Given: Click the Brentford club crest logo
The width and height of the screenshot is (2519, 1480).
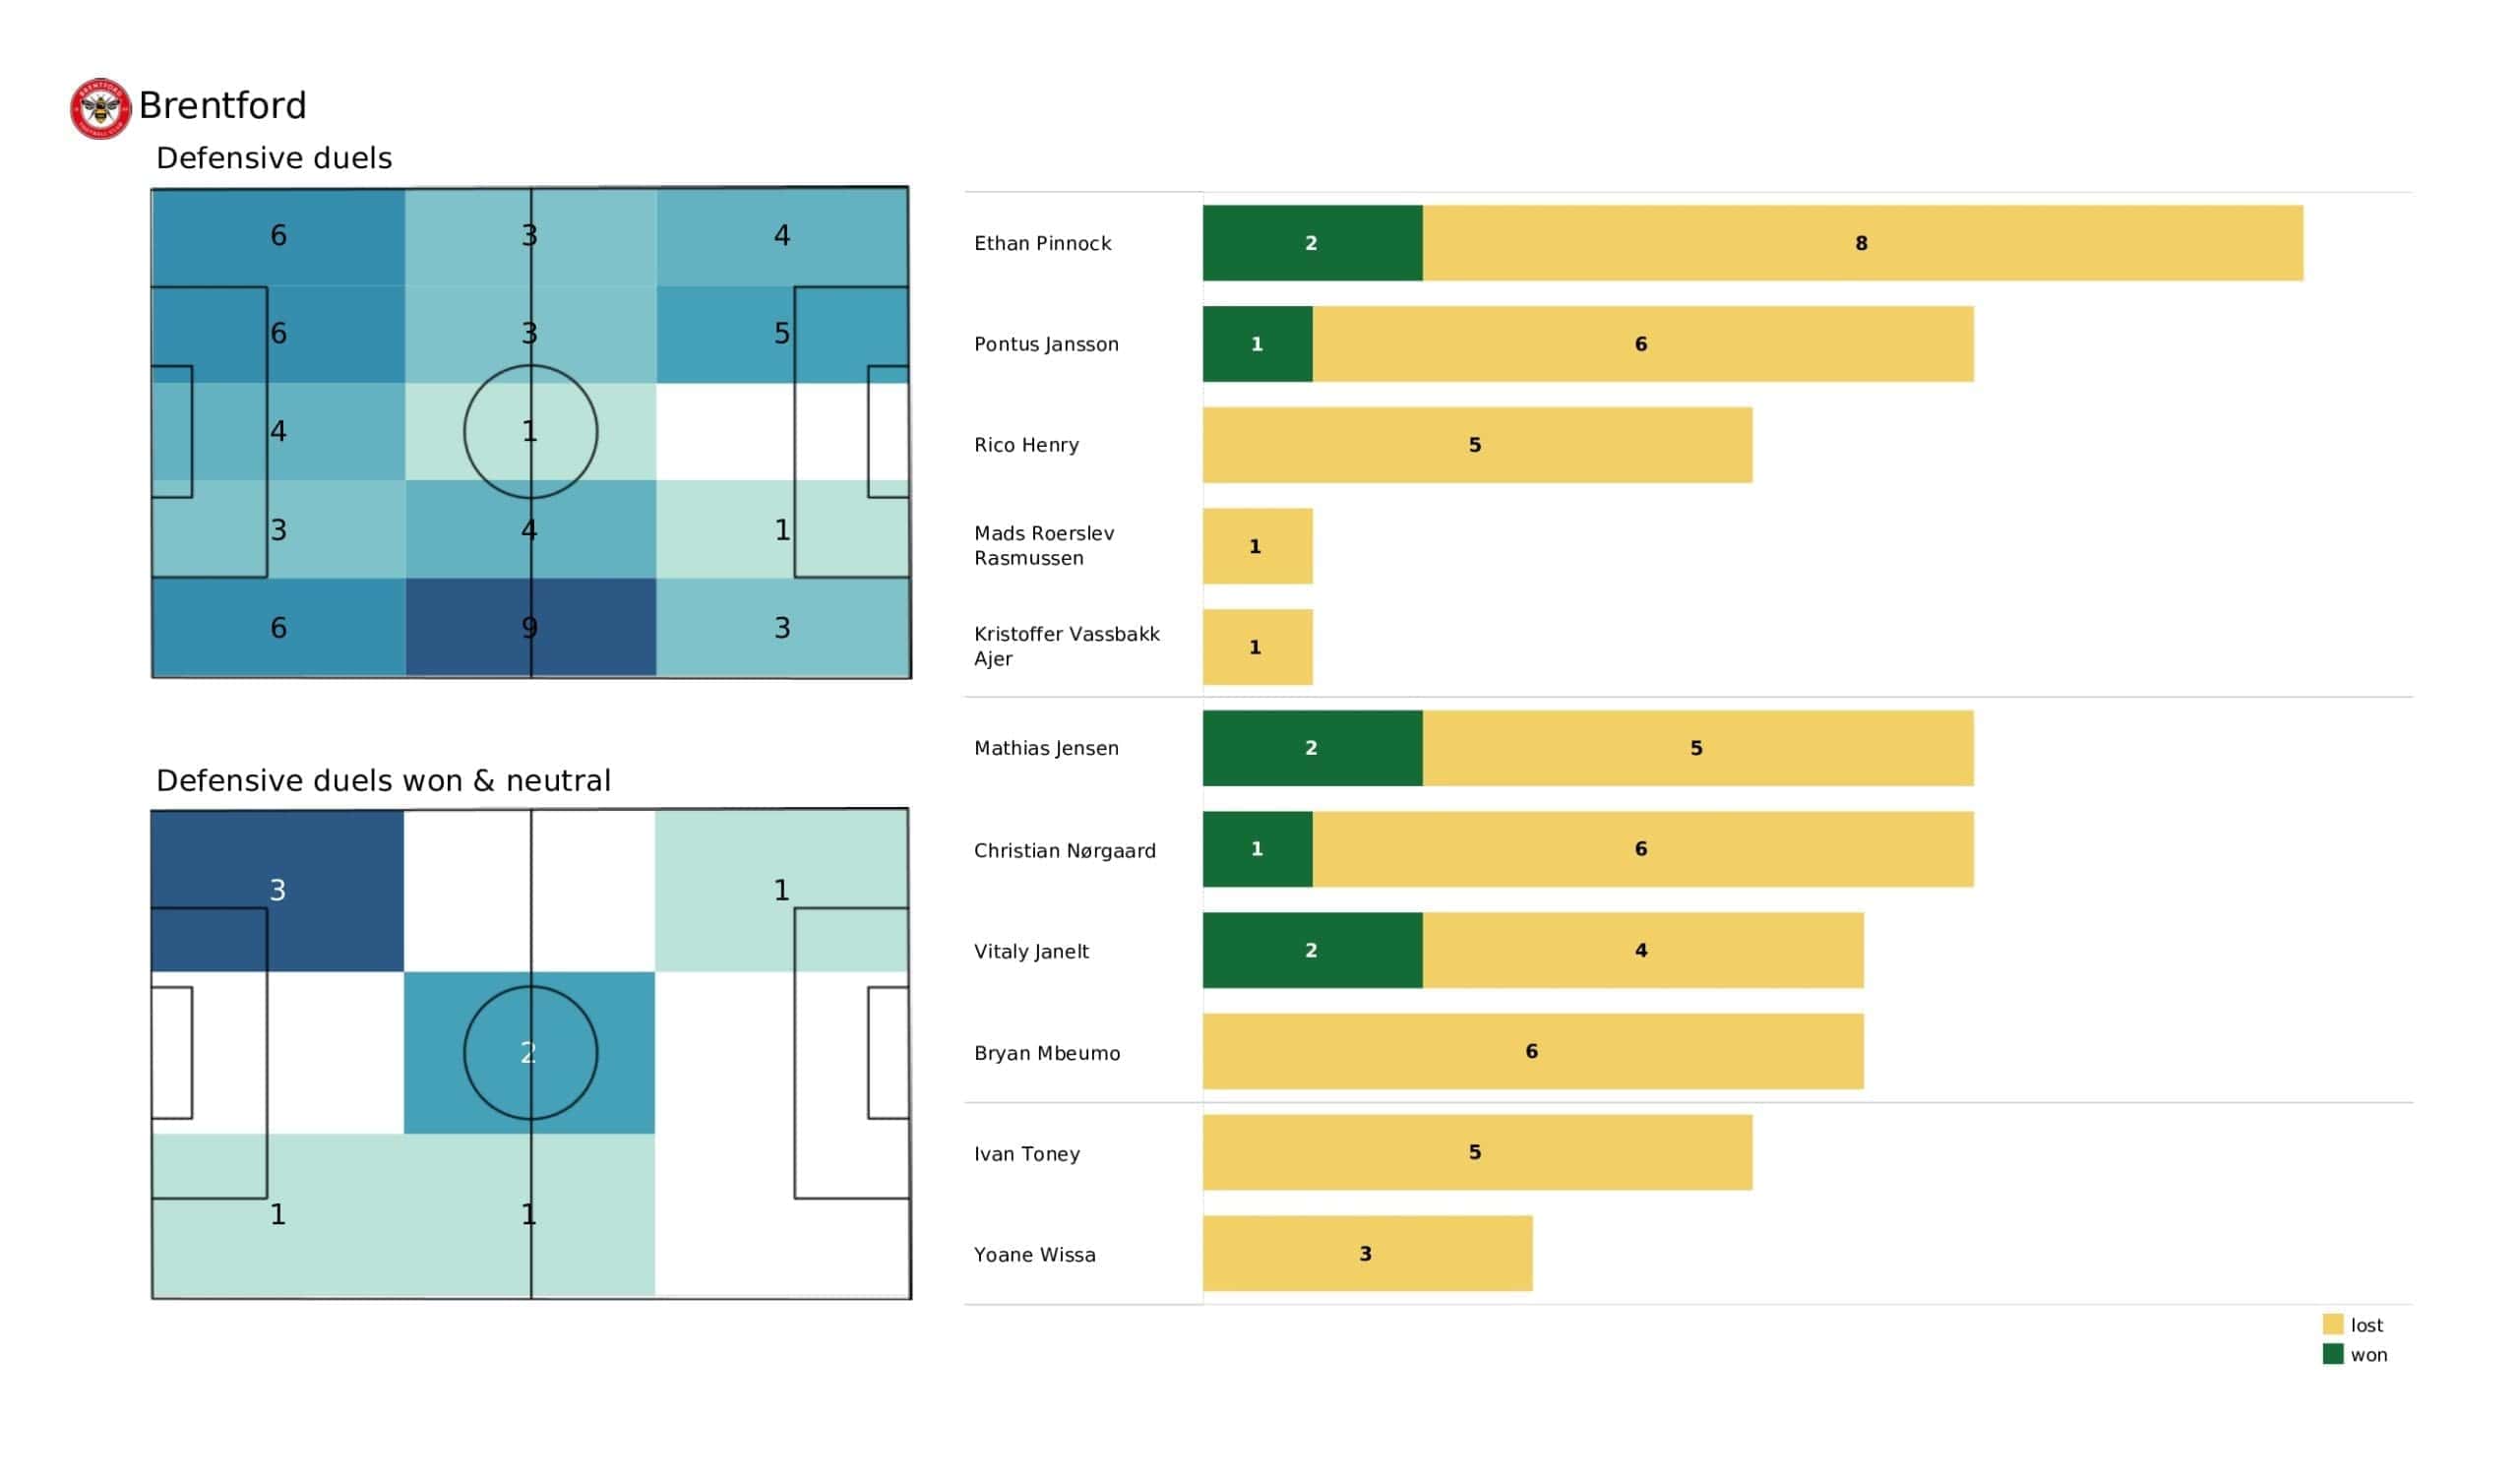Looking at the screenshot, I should (100, 108).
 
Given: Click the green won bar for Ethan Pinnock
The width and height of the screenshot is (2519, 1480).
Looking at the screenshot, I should (1312, 243).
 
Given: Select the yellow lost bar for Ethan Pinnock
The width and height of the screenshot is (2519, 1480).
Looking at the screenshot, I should (1863, 243).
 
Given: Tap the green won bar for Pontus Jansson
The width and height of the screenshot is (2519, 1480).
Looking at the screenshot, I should (1257, 344).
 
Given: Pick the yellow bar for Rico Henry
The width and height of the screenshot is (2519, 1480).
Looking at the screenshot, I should (1476, 445).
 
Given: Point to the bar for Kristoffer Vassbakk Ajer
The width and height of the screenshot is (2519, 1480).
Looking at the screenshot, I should (1257, 647).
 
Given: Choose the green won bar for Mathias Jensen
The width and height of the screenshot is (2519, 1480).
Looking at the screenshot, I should (1312, 748).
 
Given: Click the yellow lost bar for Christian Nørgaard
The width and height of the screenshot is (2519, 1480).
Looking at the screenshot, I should (1642, 849).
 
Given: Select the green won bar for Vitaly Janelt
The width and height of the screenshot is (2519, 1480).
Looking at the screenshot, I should (1312, 950).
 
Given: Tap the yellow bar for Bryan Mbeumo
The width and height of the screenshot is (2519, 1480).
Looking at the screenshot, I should (1532, 1051).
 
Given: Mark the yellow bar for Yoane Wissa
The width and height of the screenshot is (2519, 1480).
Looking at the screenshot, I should (1367, 1253).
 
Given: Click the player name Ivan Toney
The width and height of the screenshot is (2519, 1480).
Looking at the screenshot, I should (1026, 1154).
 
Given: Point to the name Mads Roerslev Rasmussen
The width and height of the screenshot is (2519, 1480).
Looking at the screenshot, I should (1044, 546).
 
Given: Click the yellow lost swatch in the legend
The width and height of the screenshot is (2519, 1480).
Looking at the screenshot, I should (2332, 1324).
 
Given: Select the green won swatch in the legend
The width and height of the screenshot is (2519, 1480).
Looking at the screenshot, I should (2332, 1354).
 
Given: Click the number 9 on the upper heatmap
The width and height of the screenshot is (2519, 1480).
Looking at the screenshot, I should (529, 628).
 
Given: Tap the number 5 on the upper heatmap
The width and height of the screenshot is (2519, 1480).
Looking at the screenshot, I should (781, 333).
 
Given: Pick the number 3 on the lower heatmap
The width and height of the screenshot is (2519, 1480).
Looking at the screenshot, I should (277, 890).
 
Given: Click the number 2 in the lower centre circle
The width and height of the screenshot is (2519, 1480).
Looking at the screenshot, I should (528, 1052).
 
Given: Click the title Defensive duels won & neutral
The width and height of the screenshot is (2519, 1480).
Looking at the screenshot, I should (383, 780).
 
